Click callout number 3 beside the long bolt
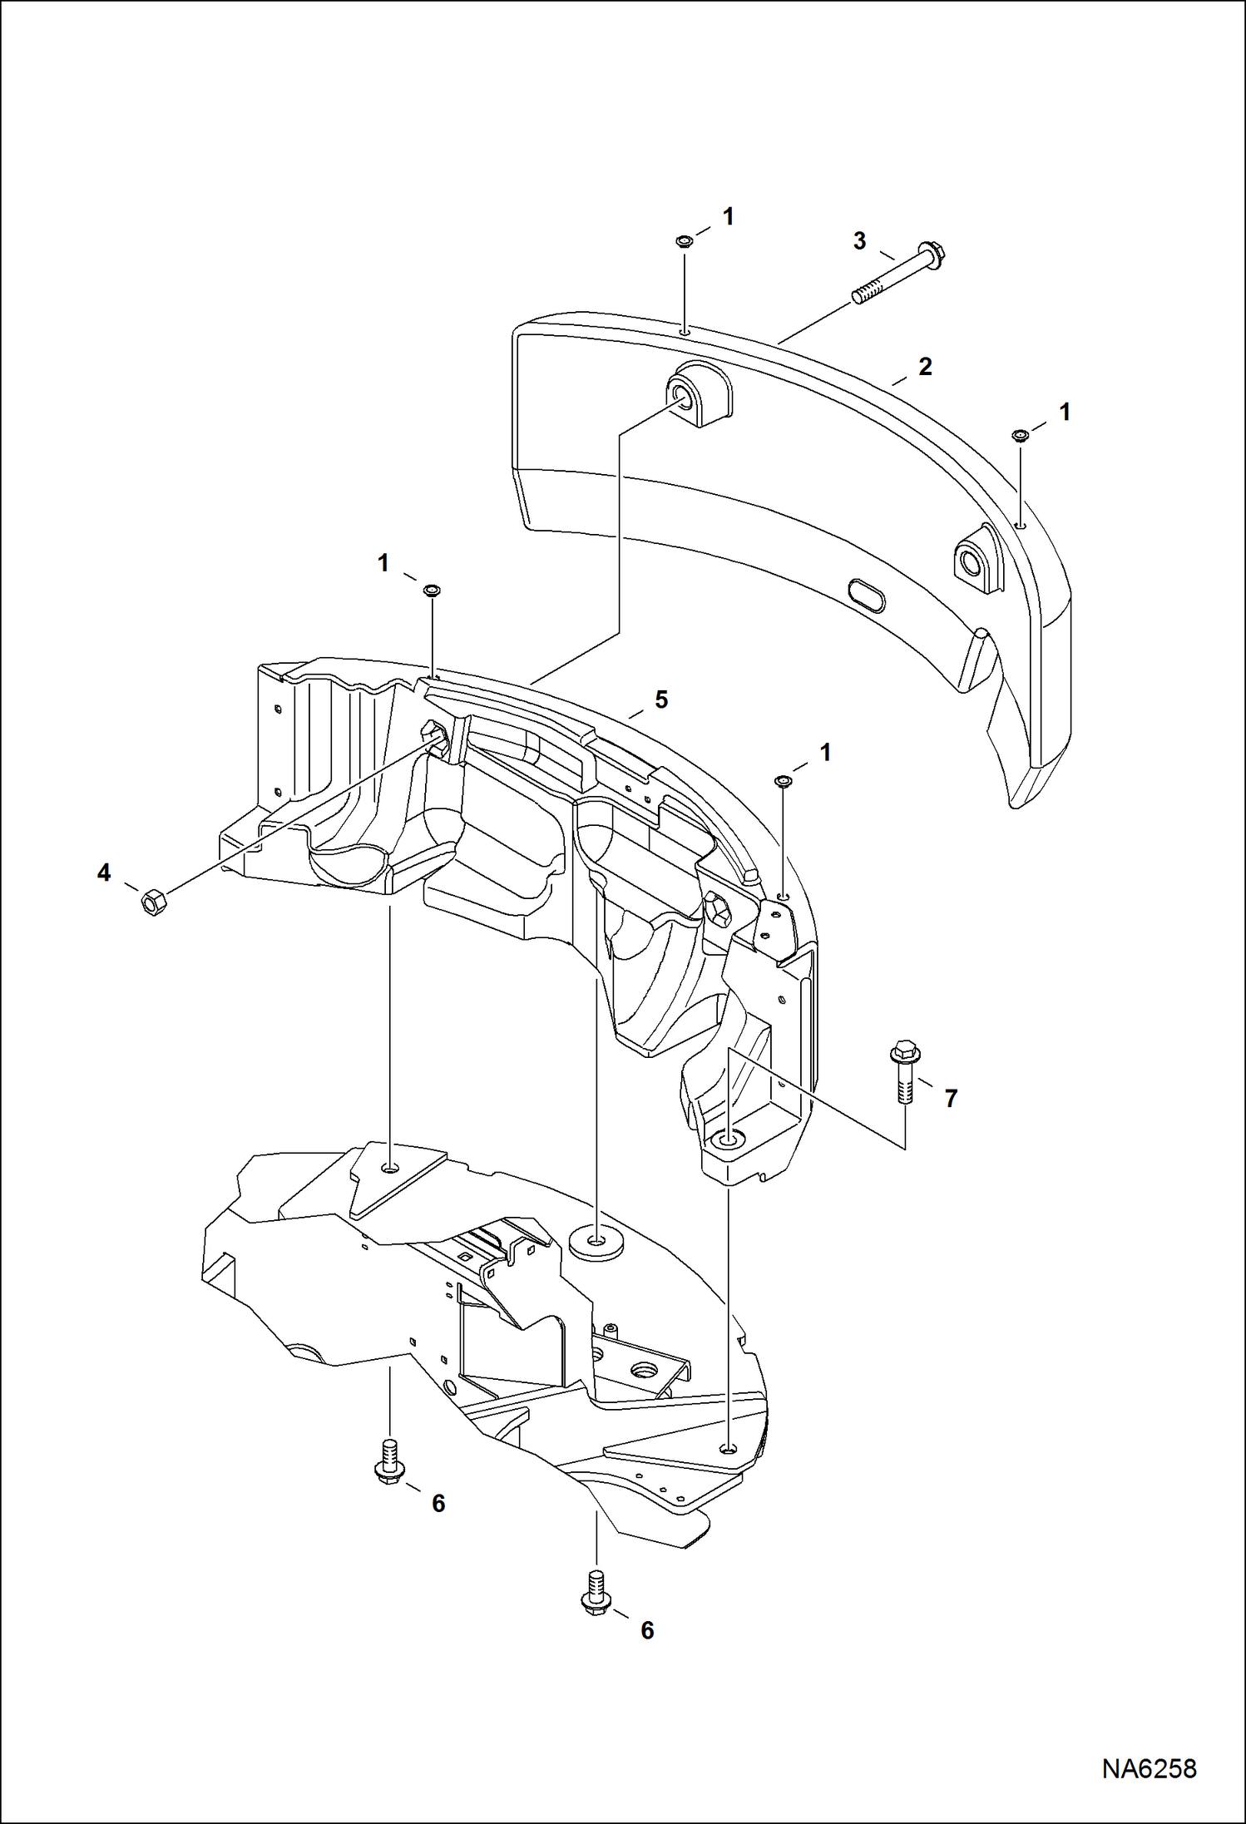(x=859, y=241)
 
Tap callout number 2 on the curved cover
(x=925, y=366)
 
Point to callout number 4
(x=104, y=872)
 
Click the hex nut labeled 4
(x=152, y=901)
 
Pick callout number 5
(x=661, y=699)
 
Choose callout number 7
(x=951, y=1099)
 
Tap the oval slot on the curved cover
(x=866, y=596)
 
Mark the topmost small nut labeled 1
(x=684, y=242)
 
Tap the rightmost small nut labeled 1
(x=1019, y=435)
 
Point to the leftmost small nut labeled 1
(x=431, y=591)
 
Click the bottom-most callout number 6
(x=647, y=1630)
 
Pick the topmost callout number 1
(x=729, y=217)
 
